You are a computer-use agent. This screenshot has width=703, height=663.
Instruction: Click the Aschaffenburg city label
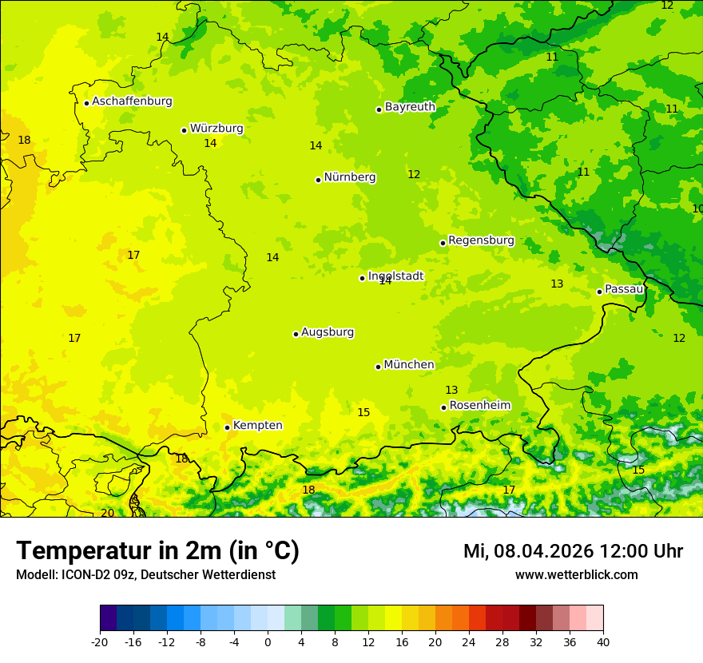pyautogui.click(x=132, y=101)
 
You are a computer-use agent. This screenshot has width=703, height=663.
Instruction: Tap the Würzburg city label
pyautogui.click(x=216, y=129)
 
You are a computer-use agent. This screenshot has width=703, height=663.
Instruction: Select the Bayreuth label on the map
pyautogui.click(x=410, y=107)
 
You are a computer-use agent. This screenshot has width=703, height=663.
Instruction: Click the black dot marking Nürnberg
pyautogui.click(x=318, y=180)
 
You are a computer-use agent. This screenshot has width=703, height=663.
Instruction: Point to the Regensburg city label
pyautogui.click(x=481, y=240)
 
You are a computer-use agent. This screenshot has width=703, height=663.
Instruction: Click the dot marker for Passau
pyautogui.click(x=599, y=292)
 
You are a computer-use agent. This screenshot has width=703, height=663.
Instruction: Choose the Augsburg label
pyautogui.click(x=328, y=332)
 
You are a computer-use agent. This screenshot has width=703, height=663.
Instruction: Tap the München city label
pyautogui.click(x=409, y=365)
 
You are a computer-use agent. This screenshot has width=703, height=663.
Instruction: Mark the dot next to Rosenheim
pyautogui.click(x=443, y=407)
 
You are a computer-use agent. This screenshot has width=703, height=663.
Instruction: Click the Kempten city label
pyautogui.click(x=257, y=426)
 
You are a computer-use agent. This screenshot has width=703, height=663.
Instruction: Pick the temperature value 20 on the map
pyautogui.click(x=107, y=513)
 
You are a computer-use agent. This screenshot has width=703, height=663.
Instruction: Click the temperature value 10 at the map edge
pyautogui.click(x=697, y=208)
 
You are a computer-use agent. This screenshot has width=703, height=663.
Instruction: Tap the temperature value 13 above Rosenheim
pyautogui.click(x=451, y=390)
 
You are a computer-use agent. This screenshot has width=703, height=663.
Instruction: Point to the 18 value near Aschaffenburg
pyautogui.click(x=24, y=141)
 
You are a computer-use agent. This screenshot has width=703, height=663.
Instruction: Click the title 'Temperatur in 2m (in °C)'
pyautogui.click(x=157, y=551)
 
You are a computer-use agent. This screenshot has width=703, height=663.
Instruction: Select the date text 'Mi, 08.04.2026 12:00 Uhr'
pyautogui.click(x=573, y=551)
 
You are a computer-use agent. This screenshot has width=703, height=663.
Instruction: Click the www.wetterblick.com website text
pyautogui.click(x=576, y=575)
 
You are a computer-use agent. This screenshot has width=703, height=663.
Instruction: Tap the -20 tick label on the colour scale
pyautogui.click(x=100, y=642)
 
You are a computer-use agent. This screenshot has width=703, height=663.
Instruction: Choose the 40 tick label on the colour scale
pyautogui.click(x=603, y=642)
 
